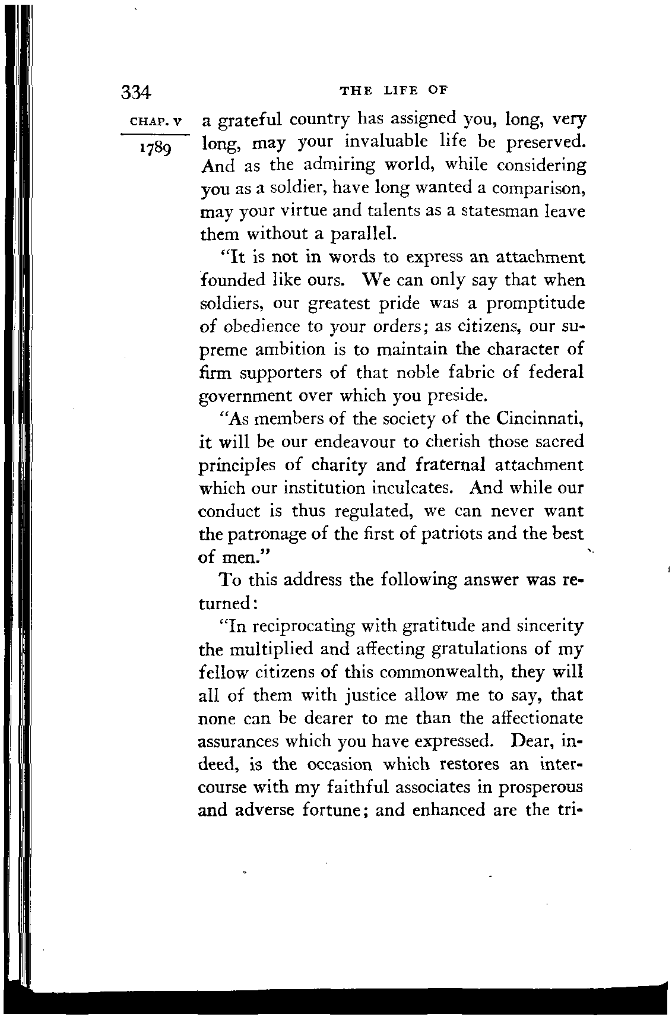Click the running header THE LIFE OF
392,90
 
